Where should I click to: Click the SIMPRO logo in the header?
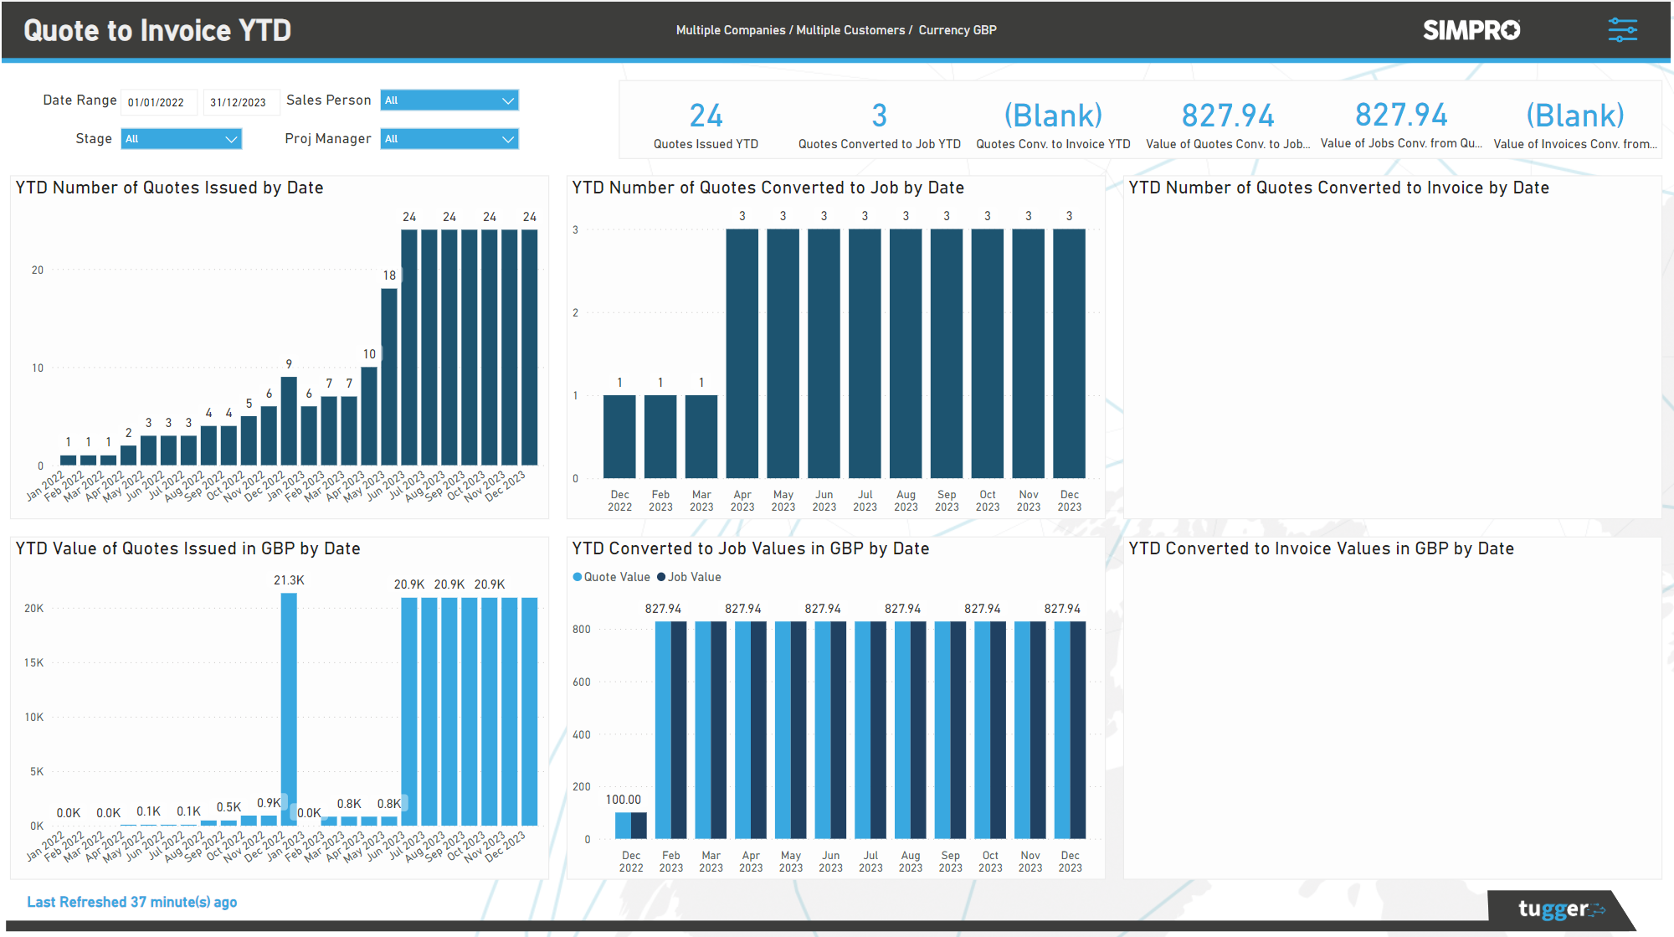click(1471, 30)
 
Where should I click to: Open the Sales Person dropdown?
click(449, 100)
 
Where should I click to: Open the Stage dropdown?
click(181, 139)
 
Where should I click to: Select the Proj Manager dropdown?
click(449, 139)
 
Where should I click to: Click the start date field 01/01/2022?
click(157, 102)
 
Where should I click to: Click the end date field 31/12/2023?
click(239, 102)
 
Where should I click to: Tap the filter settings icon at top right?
click(1622, 30)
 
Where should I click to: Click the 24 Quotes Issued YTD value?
click(706, 116)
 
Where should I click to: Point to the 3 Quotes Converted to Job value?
click(879, 116)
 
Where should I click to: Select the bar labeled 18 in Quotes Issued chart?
click(389, 377)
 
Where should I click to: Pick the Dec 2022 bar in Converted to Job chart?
click(619, 436)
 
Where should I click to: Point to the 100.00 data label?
click(624, 800)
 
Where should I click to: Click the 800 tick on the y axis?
click(582, 630)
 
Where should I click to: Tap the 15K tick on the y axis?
click(33, 662)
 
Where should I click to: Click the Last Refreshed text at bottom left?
click(131, 902)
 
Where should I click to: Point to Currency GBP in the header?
click(958, 30)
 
